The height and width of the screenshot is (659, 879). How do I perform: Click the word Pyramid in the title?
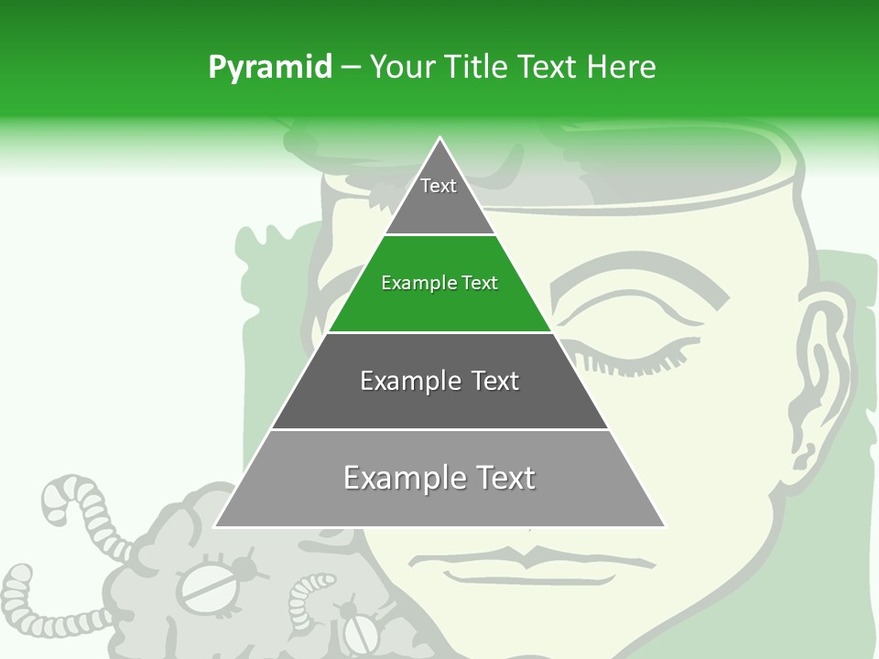tap(270, 68)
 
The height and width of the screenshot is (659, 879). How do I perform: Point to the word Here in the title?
tap(622, 68)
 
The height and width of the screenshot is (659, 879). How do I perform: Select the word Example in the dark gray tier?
tap(400, 381)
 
